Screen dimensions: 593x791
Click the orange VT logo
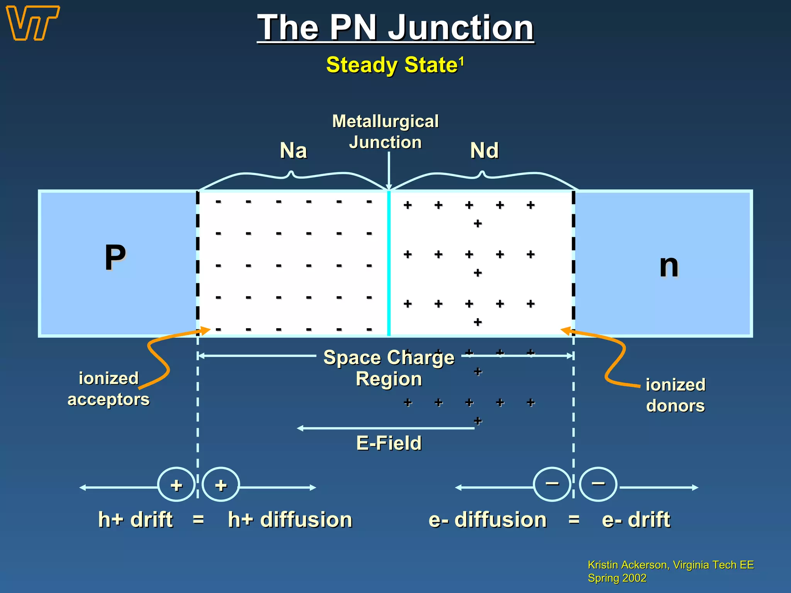click(33, 23)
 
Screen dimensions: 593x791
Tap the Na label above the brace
click(293, 151)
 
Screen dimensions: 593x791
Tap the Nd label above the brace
click(484, 151)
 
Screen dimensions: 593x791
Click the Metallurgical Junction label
click(385, 132)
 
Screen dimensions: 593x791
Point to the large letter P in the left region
click(115, 258)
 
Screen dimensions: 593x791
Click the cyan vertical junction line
click(389, 263)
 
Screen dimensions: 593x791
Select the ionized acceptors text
click(109, 389)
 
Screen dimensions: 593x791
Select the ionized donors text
click(676, 395)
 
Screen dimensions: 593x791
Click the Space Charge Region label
click(389, 368)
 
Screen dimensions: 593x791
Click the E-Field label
click(389, 443)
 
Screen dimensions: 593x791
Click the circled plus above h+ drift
click(177, 485)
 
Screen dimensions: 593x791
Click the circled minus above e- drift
click(598, 484)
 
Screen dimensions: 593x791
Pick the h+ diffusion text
click(290, 520)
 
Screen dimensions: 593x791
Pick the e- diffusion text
click(487, 520)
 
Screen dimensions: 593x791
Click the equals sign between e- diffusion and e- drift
click(574, 520)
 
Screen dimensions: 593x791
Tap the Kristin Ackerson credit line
click(670, 565)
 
